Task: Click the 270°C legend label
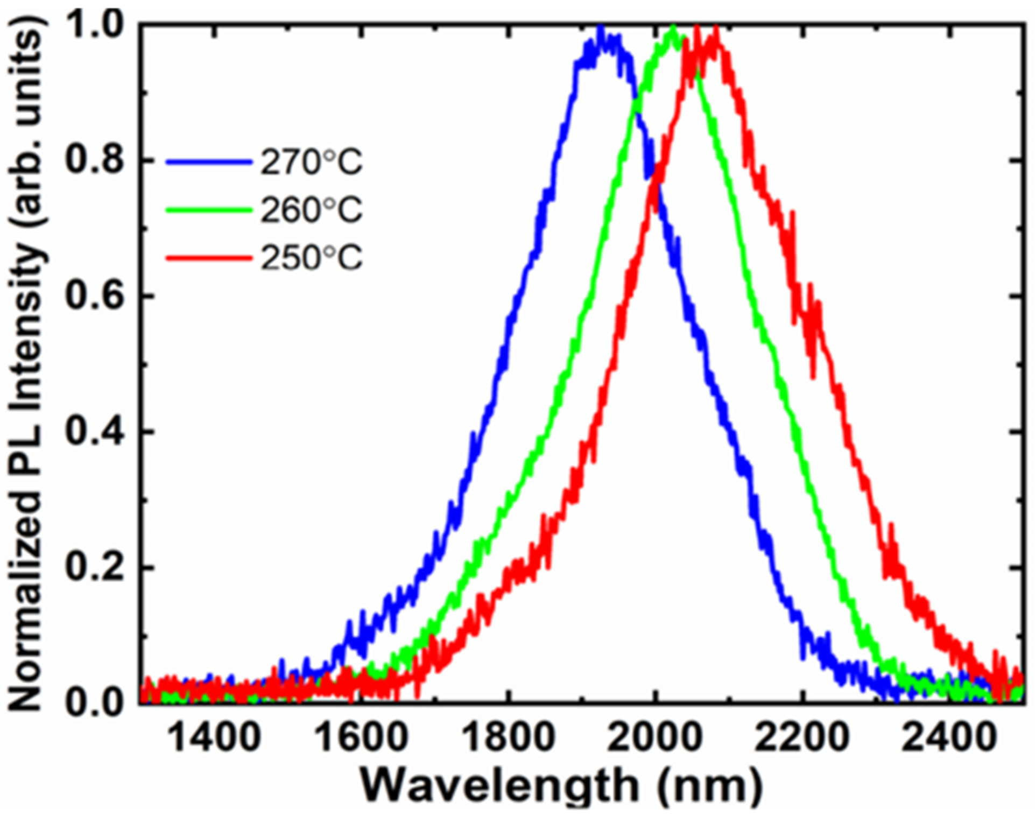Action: [x=311, y=162]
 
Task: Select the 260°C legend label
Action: [x=311, y=210]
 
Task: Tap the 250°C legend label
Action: [x=311, y=258]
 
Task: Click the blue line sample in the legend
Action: [x=209, y=161]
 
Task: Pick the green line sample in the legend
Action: [x=209, y=210]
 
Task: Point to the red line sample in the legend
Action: [x=209, y=258]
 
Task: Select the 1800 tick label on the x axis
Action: [x=508, y=738]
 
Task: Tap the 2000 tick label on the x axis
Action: [x=655, y=738]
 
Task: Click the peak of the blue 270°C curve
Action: [x=600, y=28]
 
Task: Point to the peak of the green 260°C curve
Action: [x=673, y=28]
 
